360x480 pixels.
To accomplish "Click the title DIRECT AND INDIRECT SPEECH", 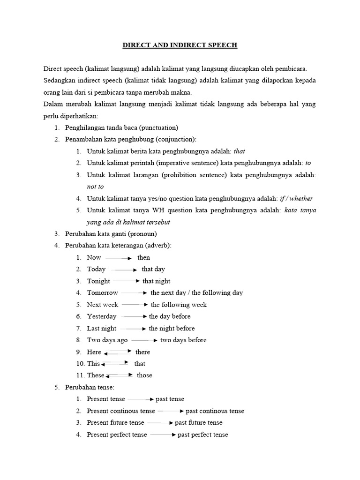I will (x=180, y=45).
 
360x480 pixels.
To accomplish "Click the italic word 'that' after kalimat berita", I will (x=239, y=151).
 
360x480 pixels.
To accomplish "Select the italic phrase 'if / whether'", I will (x=296, y=198).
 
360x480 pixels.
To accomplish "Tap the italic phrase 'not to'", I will (x=95, y=186).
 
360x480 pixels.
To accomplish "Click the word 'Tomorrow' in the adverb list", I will (x=102, y=293).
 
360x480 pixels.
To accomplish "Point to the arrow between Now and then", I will (x=118, y=258).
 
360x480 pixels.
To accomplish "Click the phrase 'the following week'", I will (x=179, y=305).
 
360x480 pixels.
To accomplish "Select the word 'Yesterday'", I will (x=102, y=316).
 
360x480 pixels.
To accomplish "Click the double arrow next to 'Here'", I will (x=118, y=352).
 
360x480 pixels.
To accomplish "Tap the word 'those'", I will (x=144, y=375).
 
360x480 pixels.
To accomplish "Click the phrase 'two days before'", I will (x=183, y=340).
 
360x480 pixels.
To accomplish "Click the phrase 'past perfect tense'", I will (x=203, y=435).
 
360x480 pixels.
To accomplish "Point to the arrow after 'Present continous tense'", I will (x=171, y=411).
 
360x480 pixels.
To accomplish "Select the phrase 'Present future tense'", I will (x=115, y=423).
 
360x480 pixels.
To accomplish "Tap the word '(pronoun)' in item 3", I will (x=141, y=233).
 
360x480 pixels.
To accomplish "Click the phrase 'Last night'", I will (x=102, y=329).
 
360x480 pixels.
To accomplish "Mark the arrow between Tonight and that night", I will (x=126, y=281).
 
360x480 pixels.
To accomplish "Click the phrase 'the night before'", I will (x=172, y=329).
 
